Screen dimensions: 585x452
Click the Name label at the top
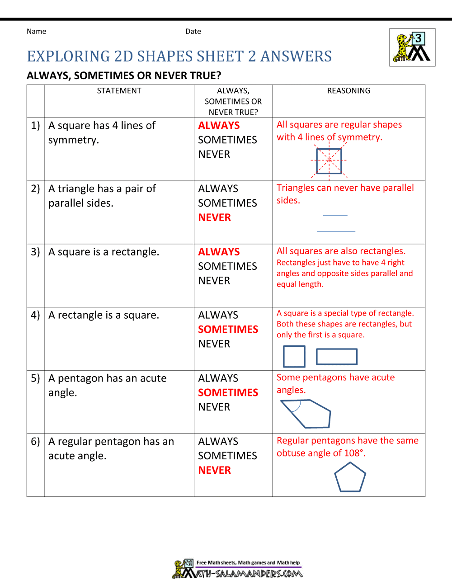(36, 31)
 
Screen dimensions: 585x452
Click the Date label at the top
(193, 31)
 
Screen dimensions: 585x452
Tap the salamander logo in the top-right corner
(412, 47)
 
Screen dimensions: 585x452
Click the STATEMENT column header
(119, 91)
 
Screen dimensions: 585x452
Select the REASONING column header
(348, 91)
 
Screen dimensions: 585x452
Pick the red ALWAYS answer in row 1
(219, 126)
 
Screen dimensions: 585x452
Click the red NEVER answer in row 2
(214, 217)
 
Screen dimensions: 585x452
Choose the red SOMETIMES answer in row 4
(228, 330)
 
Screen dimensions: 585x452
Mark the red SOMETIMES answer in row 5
(228, 393)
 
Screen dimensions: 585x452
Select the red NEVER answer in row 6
(214, 471)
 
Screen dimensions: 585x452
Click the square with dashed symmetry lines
(329, 160)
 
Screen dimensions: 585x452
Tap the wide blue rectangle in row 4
(337, 357)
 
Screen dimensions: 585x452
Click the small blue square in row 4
(294, 357)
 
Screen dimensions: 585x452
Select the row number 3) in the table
(35, 252)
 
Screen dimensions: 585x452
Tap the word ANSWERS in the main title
(296, 57)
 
